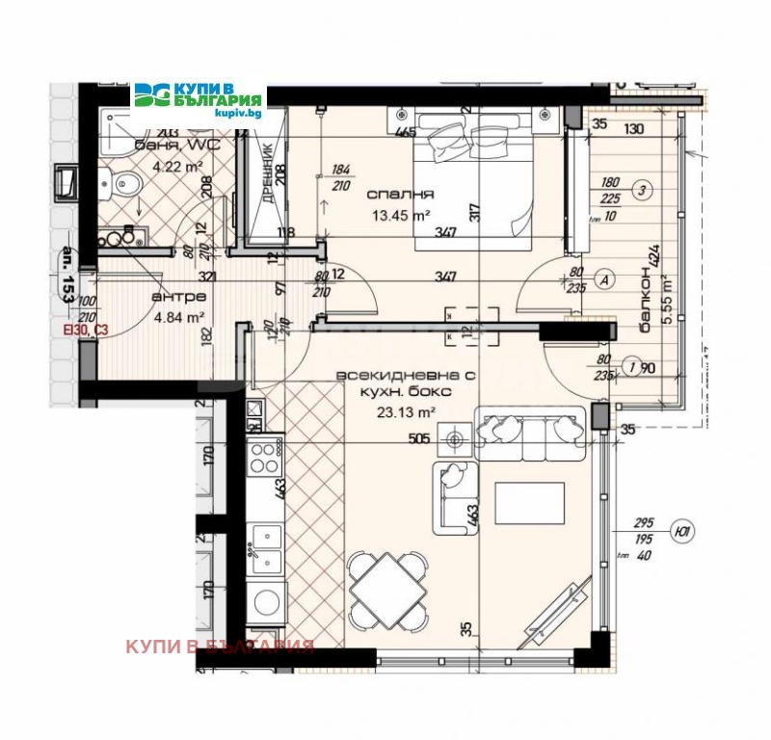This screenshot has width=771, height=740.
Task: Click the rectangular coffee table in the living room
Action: (x=530, y=502)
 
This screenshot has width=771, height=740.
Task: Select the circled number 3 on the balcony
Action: (x=642, y=190)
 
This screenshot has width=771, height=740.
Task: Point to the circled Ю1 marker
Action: (x=683, y=531)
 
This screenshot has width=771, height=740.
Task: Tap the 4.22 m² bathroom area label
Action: (x=180, y=166)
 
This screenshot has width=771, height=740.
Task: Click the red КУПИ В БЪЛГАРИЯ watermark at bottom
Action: (x=220, y=647)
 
